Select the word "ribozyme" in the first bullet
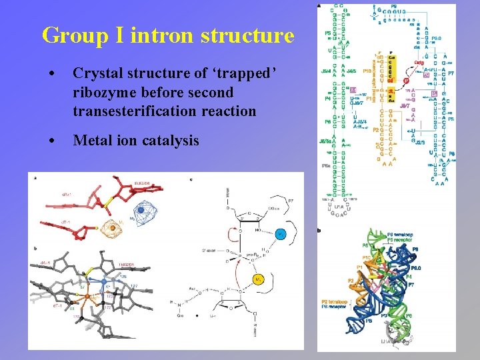(x=103, y=92)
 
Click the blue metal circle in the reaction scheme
(x=281, y=234)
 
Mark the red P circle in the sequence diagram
(x=389, y=81)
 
